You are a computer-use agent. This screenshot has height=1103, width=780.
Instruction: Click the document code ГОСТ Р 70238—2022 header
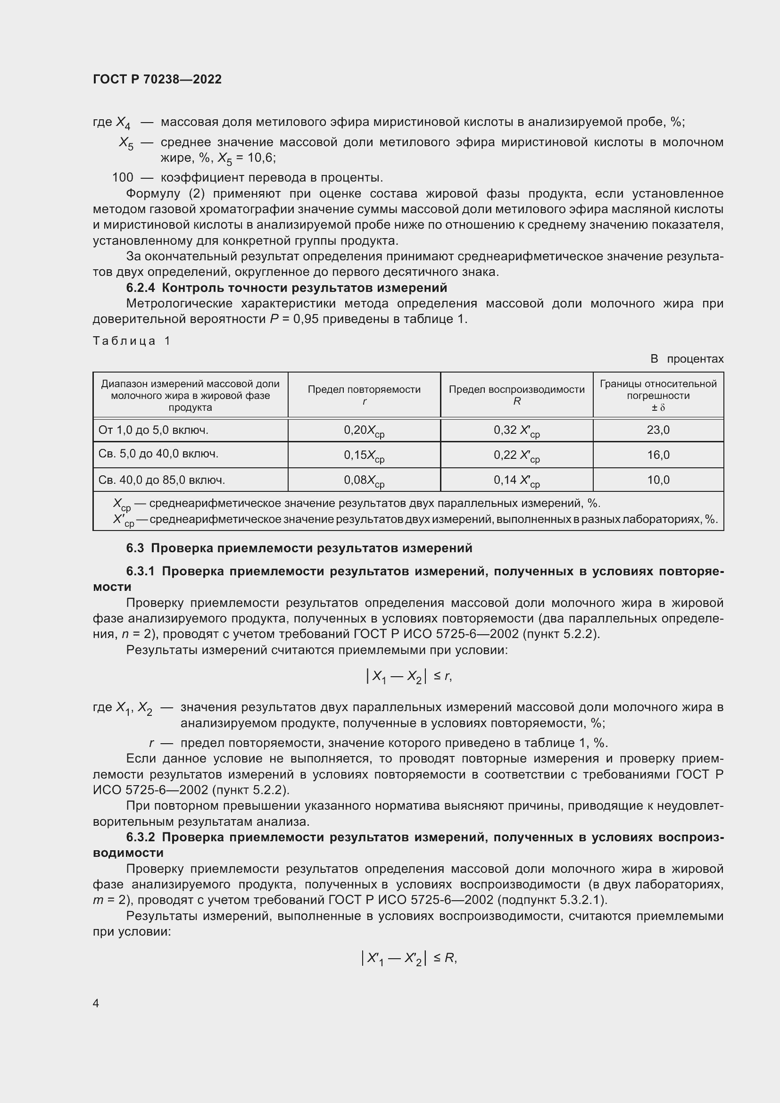point(157,79)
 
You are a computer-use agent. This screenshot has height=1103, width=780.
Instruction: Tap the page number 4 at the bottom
point(96,1003)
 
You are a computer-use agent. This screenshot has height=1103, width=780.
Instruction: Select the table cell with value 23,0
point(658,430)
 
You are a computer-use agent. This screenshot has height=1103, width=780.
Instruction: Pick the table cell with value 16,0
point(658,455)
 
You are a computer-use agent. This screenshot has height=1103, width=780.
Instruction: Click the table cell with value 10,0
point(658,480)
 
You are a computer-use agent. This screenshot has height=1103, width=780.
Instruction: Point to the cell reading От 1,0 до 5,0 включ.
point(153,430)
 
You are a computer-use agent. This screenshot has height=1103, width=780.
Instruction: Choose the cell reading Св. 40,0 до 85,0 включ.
point(161,480)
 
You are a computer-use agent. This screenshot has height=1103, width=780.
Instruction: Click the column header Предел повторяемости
point(364,394)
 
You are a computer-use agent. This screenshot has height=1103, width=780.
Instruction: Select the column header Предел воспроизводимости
point(517,394)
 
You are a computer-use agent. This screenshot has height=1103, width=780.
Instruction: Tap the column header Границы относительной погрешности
point(658,395)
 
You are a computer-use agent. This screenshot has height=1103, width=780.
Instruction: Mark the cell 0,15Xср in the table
point(364,455)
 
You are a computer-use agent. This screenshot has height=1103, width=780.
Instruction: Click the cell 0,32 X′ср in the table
point(517,431)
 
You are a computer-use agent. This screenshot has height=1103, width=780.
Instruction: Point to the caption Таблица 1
point(132,340)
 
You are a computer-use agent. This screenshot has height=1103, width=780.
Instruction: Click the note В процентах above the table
point(686,359)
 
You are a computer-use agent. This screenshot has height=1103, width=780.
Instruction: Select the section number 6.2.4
point(141,288)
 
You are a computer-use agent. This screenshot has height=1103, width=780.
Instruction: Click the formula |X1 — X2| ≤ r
point(409,676)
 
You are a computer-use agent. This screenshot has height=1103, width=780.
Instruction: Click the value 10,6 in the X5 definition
point(261,158)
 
